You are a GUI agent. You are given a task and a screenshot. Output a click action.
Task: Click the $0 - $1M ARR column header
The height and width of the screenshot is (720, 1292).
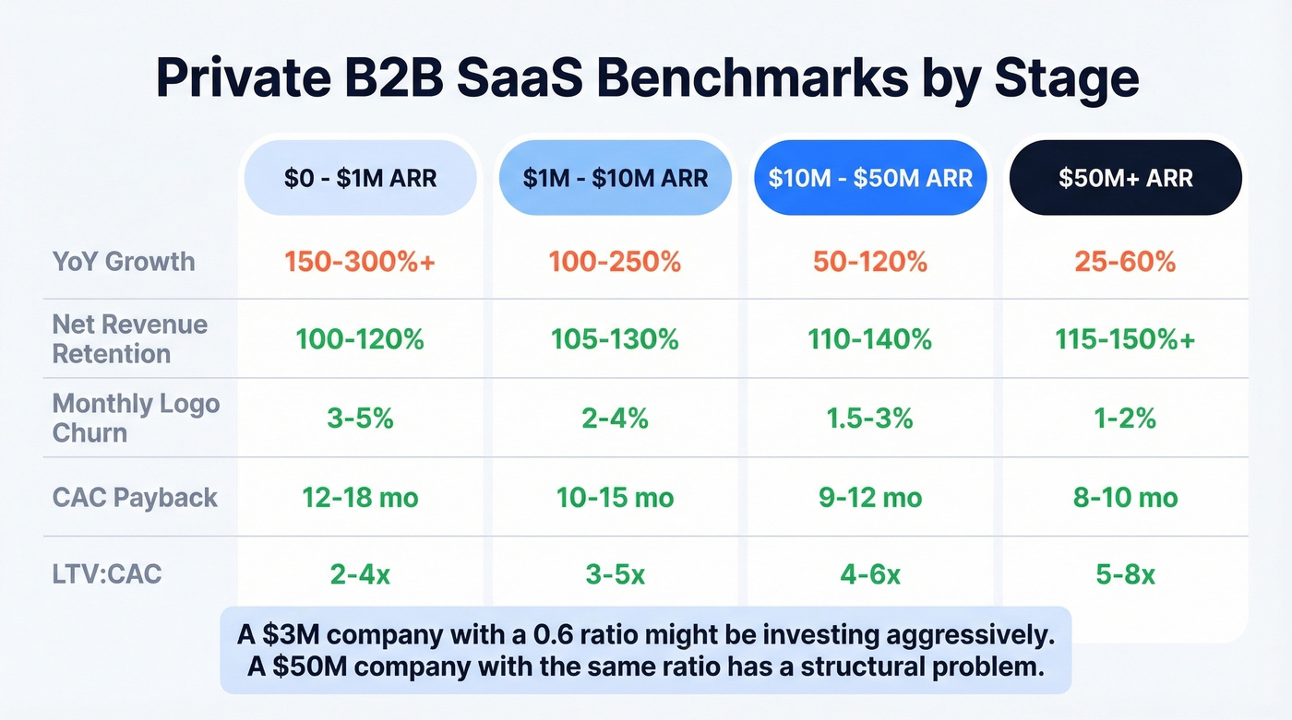pos(360,177)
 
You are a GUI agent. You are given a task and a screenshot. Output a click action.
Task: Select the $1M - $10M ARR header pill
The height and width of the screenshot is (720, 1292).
pos(615,177)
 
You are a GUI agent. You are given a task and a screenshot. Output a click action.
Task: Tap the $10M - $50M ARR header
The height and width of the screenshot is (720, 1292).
pos(870,177)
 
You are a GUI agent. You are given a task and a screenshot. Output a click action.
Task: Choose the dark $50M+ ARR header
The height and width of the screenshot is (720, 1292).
pos(1125,177)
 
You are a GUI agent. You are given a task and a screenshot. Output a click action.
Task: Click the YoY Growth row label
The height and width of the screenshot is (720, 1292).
pos(124,261)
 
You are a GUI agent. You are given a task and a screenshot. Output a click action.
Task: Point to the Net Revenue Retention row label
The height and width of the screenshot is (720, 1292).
pos(129,339)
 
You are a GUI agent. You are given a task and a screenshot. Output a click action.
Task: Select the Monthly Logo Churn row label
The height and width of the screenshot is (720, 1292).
pos(136,418)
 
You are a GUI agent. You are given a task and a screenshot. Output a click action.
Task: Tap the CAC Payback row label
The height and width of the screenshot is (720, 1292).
pos(135,498)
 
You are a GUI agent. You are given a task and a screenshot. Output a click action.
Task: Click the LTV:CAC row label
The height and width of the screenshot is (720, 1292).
pos(107,574)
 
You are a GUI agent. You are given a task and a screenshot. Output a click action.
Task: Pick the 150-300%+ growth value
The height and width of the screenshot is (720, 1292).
pos(360,262)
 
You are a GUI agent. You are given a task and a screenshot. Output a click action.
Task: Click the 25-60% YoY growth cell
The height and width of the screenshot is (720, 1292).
pos(1125,262)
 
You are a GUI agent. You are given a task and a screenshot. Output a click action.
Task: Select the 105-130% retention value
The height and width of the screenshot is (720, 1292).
pos(615,340)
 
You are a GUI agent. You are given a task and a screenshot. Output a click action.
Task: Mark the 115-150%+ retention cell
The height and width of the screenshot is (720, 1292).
pos(1125,340)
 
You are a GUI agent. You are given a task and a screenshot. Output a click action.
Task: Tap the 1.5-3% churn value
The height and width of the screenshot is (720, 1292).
pos(870,419)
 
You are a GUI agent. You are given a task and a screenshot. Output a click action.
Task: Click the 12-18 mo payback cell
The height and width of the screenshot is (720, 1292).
pos(360,498)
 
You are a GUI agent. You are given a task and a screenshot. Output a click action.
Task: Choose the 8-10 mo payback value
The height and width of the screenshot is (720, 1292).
pos(1125,498)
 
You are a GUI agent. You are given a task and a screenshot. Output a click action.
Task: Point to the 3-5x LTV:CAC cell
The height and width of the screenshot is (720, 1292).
pos(615,575)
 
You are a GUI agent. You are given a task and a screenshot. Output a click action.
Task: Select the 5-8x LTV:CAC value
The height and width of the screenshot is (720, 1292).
pos(1125,575)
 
